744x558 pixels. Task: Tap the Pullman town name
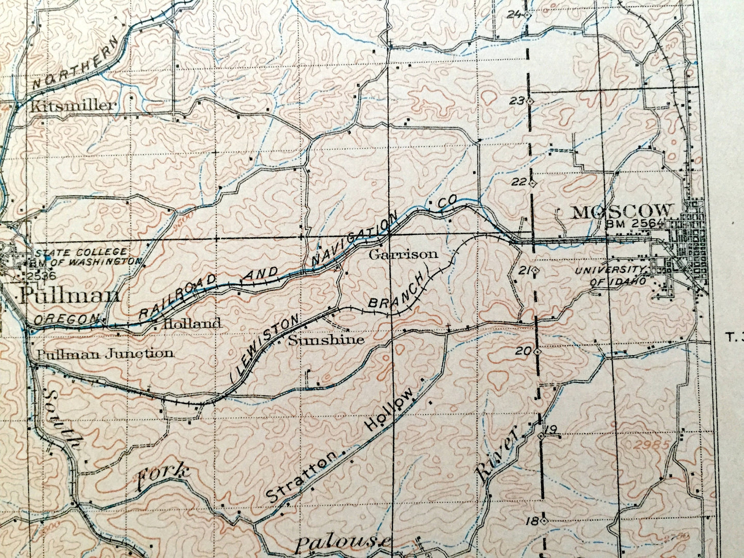point(70,295)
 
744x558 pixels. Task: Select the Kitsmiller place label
point(73,106)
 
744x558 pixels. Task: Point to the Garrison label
point(404,254)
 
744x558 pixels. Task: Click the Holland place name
point(192,324)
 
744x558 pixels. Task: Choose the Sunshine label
point(326,340)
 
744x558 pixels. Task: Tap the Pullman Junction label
point(105,354)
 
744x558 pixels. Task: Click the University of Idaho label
point(611,276)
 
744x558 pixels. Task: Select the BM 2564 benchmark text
point(636,223)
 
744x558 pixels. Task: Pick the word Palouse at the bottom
point(343,543)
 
